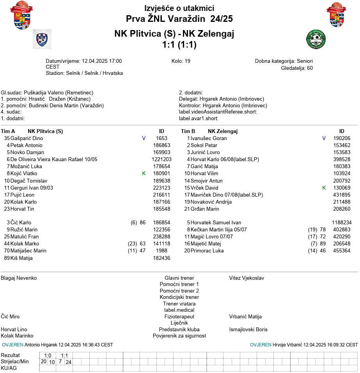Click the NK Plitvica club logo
(x=42, y=39)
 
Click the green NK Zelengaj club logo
(x=316, y=39)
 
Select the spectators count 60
(x=310, y=68)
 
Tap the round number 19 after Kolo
(x=187, y=61)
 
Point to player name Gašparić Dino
(x=27, y=139)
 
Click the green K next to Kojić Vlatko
(x=144, y=174)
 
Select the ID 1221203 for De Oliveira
(x=161, y=160)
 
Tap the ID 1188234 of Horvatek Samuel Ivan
(x=342, y=223)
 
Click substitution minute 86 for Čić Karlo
(x=143, y=223)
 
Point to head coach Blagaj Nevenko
(x=19, y=278)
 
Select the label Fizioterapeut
(x=179, y=317)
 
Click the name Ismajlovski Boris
(x=248, y=330)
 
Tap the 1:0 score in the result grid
(x=48, y=355)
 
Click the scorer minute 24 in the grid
(x=68, y=362)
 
